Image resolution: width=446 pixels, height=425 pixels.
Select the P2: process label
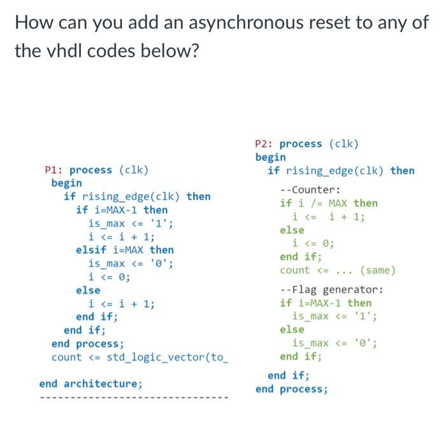[x=289, y=143]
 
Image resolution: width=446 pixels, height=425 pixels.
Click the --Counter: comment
[x=310, y=189]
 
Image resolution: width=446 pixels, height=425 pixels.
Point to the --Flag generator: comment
[x=331, y=290]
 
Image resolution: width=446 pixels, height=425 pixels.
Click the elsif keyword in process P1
[x=90, y=250]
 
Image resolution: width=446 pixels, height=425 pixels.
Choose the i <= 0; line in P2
[x=313, y=243]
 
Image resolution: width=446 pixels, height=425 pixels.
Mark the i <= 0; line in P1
[x=109, y=277]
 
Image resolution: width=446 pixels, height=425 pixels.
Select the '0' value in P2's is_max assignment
[x=364, y=343]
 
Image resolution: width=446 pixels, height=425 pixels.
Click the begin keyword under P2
[x=271, y=157]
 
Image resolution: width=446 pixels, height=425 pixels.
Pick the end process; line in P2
[x=292, y=389]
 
